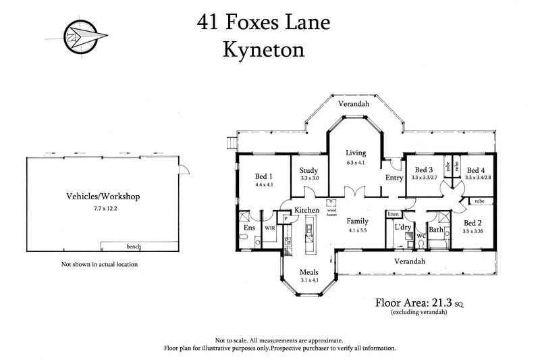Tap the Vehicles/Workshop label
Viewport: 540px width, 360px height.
pyautogui.click(x=103, y=197)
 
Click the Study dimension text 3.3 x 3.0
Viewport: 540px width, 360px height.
pyautogui.click(x=309, y=179)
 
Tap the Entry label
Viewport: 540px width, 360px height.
pyautogui.click(x=394, y=177)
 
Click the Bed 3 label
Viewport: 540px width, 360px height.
pyautogui.click(x=423, y=170)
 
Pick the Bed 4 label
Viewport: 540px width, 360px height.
pyautogui.click(x=476, y=170)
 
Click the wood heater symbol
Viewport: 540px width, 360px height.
pyautogui.click(x=331, y=202)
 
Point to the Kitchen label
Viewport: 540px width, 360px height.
pyautogui.click(x=306, y=211)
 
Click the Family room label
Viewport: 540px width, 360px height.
pyautogui.click(x=357, y=221)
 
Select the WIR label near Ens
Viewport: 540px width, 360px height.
pyautogui.click(x=269, y=229)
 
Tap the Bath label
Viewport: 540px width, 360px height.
pyautogui.click(x=435, y=230)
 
